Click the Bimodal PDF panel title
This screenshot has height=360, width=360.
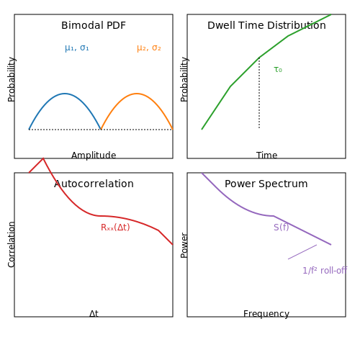click(94, 25)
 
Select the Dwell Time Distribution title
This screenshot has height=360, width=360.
click(266, 25)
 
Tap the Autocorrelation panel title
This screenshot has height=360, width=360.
click(94, 184)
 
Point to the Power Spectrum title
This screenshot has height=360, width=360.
click(266, 184)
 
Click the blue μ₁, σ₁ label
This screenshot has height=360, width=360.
click(77, 48)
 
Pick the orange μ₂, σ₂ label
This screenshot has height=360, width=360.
click(149, 48)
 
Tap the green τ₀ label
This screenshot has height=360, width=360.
click(278, 70)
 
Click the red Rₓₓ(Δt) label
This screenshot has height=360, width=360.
click(115, 227)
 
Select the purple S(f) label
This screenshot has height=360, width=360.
click(282, 227)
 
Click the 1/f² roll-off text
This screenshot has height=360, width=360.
click(325, 271)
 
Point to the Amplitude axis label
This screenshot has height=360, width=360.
click(94, 156)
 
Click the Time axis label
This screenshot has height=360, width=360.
click(266, 156)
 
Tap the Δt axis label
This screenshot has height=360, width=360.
click(94, 314)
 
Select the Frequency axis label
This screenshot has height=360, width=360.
click(266, 314)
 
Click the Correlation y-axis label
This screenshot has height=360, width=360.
click(12, 245)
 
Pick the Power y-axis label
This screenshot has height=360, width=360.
click(184, 246)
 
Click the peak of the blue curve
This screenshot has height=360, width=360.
click(65, 94)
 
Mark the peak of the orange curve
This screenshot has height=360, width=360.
click(137, 94)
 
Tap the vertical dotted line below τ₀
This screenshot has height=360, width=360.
click(259, 93)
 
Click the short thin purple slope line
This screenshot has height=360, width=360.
click(302, 252)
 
